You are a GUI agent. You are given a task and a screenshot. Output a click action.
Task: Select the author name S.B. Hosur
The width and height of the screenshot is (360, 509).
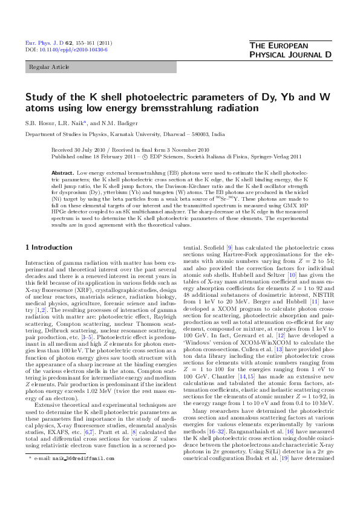[x=41, y=123]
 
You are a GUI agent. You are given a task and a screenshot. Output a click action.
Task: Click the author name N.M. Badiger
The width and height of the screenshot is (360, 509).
[x=114, y=123]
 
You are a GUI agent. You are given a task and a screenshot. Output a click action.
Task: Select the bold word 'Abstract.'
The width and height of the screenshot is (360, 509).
[x=63, y=172]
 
